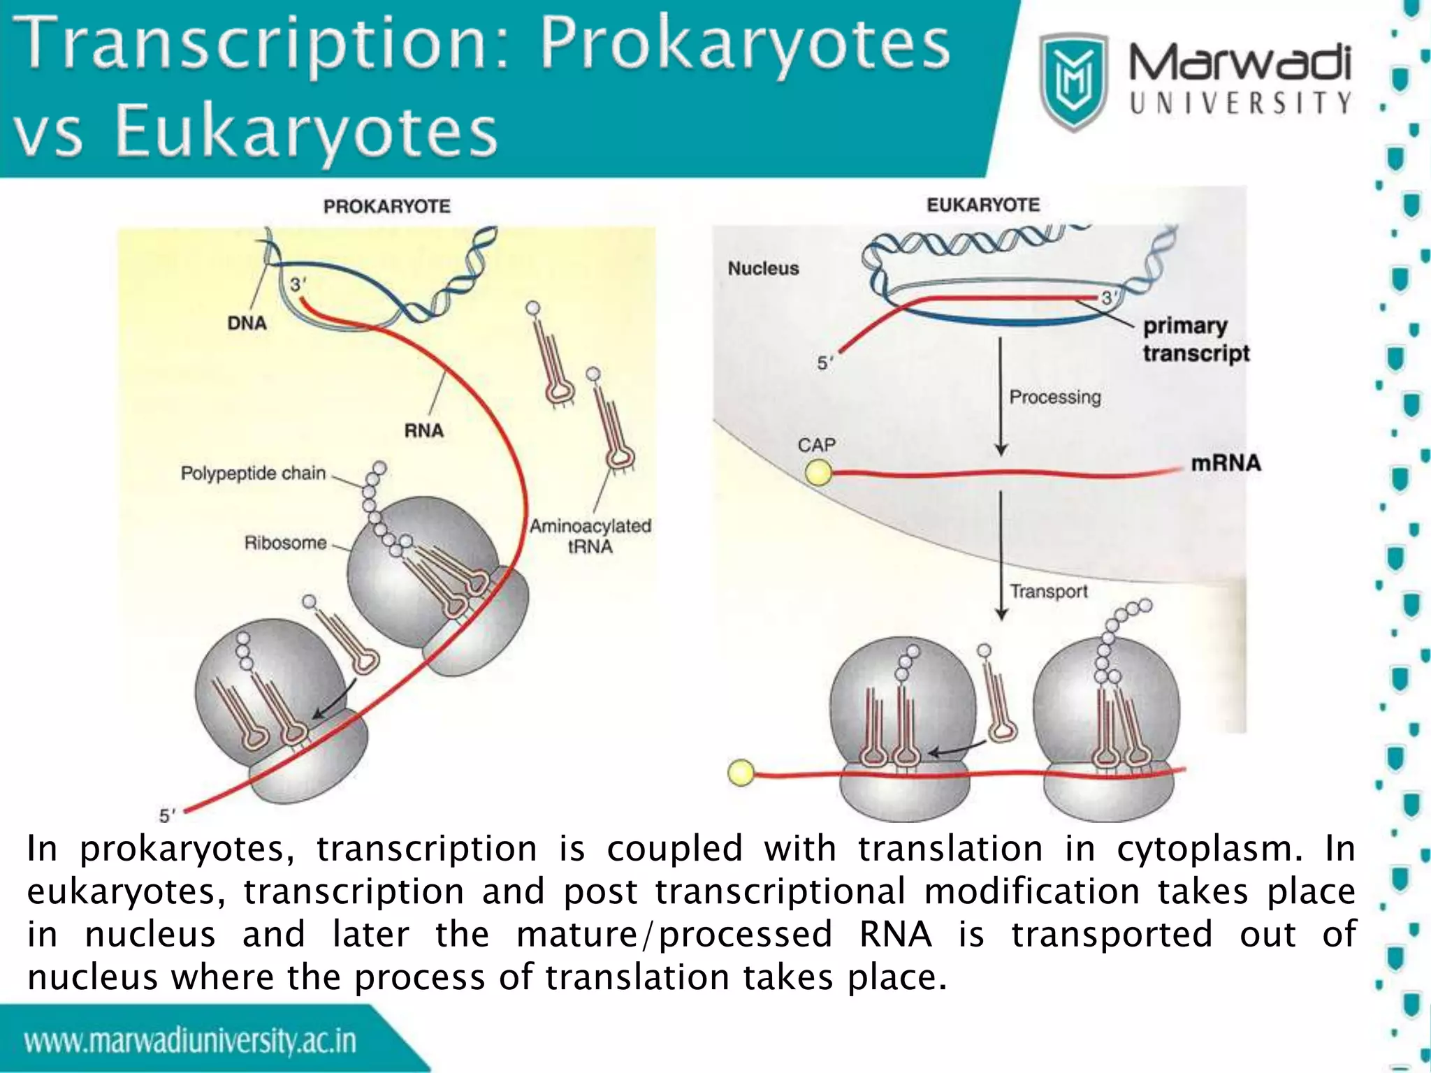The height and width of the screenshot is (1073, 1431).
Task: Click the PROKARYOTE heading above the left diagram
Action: (x=386, y=207)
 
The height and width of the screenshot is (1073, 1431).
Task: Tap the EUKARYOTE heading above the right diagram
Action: (x=982, y=205)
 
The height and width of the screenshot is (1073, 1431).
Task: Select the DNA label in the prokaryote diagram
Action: (x=247, y=323)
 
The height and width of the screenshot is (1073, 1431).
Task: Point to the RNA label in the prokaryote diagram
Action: (x=423, y=430)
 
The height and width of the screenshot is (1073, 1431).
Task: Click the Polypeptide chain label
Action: (x=253, y=474)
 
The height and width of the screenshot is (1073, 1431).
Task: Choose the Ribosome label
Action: (x=285, y=543)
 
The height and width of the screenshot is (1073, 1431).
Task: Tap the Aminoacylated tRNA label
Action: (x=590, y=536)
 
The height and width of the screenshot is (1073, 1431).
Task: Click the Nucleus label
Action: (x=763, y=268)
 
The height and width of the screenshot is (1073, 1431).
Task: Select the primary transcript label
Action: (x=1195, y=340)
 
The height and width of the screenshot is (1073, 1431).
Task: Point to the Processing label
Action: (x=1054, y=397)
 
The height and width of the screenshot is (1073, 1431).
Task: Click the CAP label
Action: (x=816, y=445)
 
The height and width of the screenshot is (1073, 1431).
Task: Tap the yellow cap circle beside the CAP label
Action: (x=818, y=473)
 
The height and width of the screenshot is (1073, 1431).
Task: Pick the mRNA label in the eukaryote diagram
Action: (x=1226, y=463)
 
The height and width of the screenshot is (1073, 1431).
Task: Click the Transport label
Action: (x=1048, y=591)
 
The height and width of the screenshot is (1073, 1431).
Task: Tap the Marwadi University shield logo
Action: (x=1073, y=82)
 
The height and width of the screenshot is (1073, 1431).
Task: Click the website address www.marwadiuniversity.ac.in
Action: (x=190, y=1042)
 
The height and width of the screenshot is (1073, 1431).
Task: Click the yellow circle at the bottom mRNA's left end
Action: (x=741, y=773)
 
